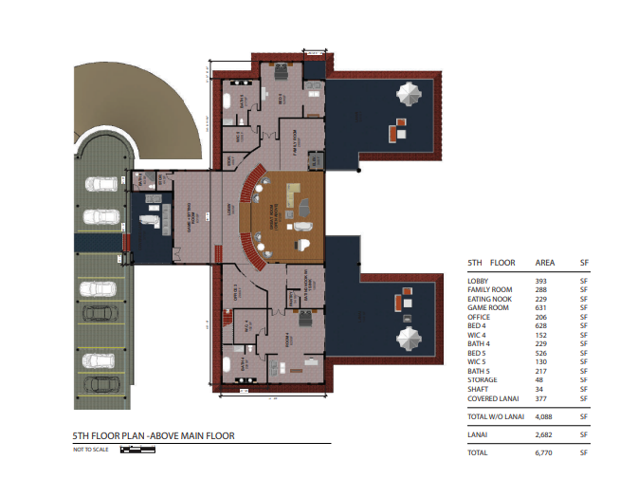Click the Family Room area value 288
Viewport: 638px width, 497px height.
tap(541, 289)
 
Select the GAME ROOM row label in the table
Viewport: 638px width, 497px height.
tap(488, 307)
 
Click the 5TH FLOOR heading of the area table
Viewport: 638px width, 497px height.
tap(491, 262)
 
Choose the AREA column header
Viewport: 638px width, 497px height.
tap(545, 262)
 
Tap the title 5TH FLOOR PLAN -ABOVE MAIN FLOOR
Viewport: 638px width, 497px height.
tap(154, 436)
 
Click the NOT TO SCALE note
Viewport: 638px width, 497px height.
tap(91, 450)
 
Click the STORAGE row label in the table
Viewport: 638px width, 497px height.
tap(484, 379)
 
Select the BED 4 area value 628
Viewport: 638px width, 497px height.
tap(541, 325)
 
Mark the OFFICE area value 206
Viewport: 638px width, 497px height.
tap(541, 317)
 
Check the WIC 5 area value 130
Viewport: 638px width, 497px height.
tap(541, 361)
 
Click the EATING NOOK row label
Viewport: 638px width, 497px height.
tap(491, 299)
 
